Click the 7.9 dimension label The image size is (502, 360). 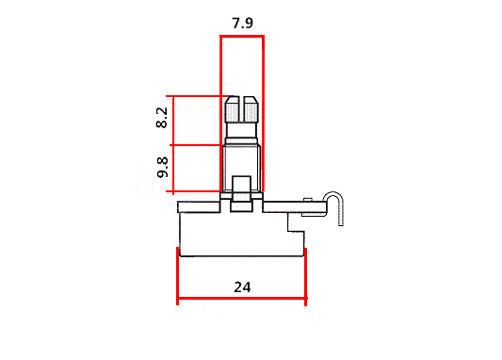[242, 24]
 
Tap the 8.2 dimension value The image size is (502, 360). [162, 118]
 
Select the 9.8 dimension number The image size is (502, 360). [163, 167]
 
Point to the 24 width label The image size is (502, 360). [242, 287]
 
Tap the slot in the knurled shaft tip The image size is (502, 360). [241, 108]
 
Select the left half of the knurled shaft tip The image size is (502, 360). [232, 109]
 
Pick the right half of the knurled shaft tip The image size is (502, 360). [251, 109]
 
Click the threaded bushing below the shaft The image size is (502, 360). [242, 168]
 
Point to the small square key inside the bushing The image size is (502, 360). [242, 184]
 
